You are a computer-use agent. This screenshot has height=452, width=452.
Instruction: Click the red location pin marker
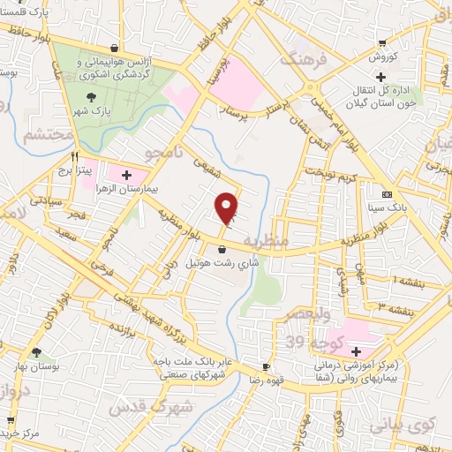pos(228,208)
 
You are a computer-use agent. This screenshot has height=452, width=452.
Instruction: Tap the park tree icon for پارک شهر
pos(91,99)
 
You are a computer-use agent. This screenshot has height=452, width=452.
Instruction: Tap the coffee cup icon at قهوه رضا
pos(266,365)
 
